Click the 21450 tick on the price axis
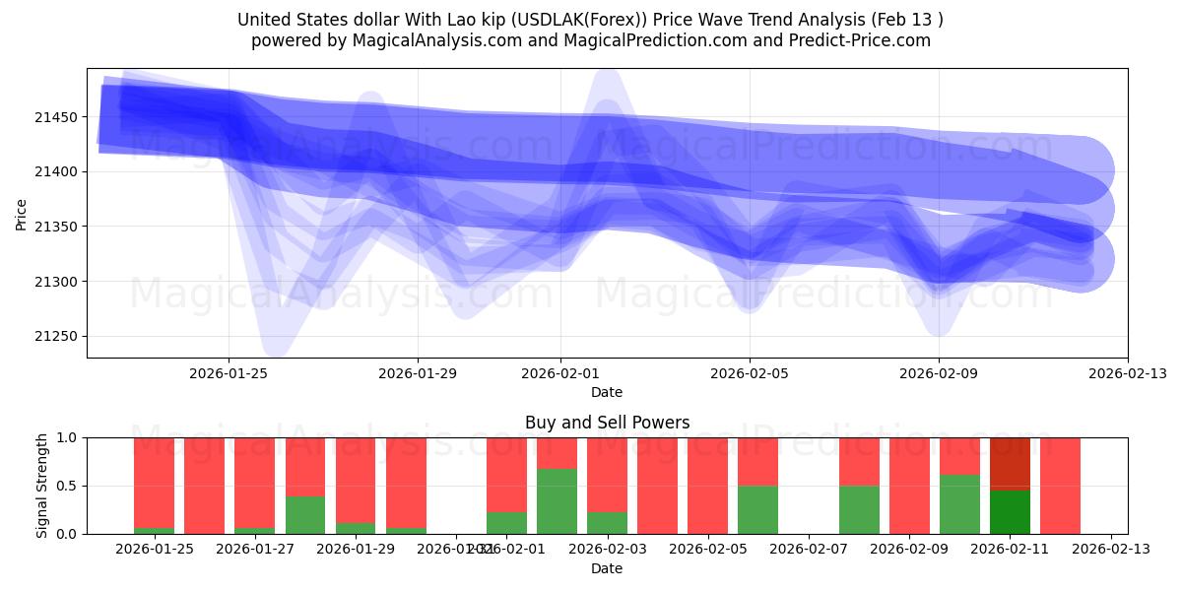(57, 117)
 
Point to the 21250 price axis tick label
(57, 337)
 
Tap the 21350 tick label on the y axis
(57, 227)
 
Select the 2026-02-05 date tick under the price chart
(750, 373)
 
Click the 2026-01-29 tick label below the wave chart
(418, 373)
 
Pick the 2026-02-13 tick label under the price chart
(1127, 373)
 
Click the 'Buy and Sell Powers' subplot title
(607, 423)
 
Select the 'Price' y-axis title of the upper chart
(23, 213)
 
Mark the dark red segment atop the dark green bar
(1010, 463)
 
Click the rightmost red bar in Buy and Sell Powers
(1060, 486)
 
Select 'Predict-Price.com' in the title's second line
(862, 40)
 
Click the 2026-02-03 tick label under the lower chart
(607, 550)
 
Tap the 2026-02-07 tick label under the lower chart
(808, 550)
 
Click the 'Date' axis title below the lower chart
(607, 568)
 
